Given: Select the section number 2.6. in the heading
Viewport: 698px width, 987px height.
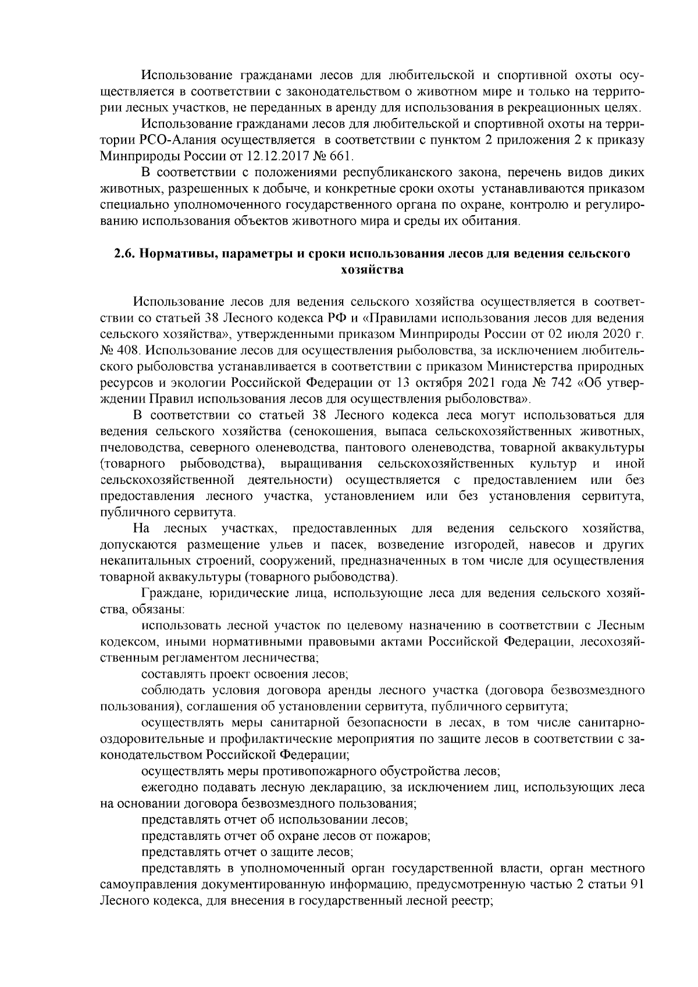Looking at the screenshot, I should [x=124, y=254].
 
